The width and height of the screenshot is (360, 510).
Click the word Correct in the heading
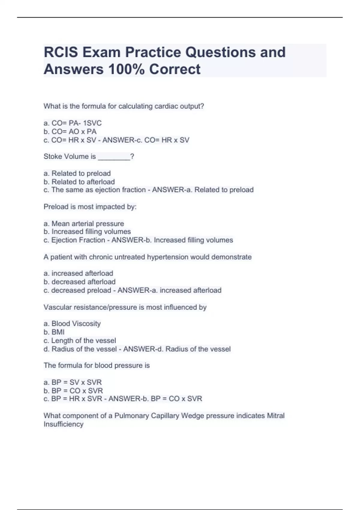click(x=175, y=69)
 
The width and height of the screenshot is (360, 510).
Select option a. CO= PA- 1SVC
click(x=73, y=123)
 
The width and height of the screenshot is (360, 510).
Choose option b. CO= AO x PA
click(x=70, y=131)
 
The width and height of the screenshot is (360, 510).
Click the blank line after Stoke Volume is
click(x=114, y=157)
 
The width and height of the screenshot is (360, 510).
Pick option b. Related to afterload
click(x=79, y=182)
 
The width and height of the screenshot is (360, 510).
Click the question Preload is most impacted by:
click(x=90, y=207)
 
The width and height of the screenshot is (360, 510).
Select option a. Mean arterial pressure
click(x=84, y=223)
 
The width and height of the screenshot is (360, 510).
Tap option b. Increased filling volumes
click(x=87, y=232)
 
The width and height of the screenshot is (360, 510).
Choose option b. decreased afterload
click(x=79, y=282)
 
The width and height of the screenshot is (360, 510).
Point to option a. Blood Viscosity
click(x=72, y=323)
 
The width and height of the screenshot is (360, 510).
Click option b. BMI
click(x=54, y=332)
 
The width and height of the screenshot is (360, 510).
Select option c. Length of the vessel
click(x=80, y=340)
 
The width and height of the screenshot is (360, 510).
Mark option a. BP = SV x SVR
click(x=73, y=382)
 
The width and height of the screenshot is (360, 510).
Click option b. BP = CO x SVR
click(x=73, y=391)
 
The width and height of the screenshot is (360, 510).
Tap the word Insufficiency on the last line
click(x=63, y=424)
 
